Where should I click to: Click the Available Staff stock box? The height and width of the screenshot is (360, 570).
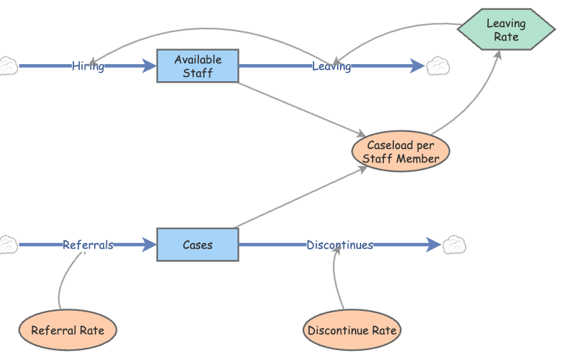coord(197,66)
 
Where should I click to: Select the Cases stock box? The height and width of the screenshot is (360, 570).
coord(197,245)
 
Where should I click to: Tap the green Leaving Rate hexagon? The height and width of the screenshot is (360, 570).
coord(506,30)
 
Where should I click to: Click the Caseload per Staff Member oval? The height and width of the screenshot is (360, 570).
coord(400,152)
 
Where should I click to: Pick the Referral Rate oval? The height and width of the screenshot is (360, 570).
coord(68,330)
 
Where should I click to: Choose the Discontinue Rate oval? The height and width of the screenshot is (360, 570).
coord(352,330)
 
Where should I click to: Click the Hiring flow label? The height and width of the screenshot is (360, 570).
coord(88,66)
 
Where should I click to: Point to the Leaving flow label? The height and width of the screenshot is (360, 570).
coord(331,66)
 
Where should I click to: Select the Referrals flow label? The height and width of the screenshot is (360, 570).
coord(88,245)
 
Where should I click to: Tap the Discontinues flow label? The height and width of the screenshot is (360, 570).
coord(340,245)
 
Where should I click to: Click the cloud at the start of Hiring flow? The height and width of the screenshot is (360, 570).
coord(7,66)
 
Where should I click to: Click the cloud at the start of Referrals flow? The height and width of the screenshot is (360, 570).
coord(7,245)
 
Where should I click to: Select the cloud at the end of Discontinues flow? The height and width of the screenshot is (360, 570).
coord(455,245)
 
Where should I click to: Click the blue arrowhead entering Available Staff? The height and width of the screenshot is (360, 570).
coord(150,66)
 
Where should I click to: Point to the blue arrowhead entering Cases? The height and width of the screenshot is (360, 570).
coord(150,245)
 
